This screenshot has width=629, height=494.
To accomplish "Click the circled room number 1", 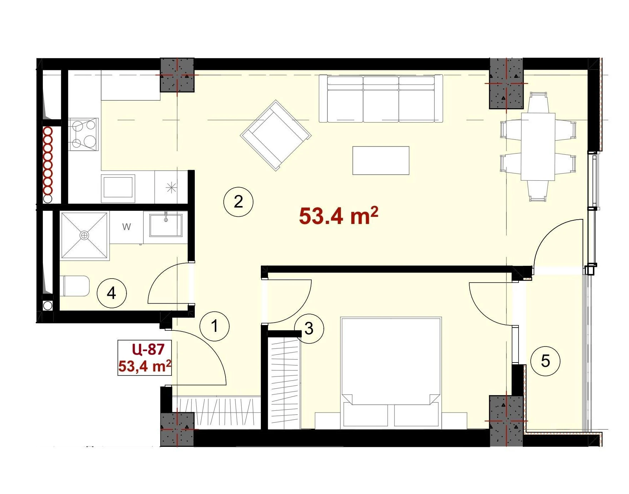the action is point(214,326).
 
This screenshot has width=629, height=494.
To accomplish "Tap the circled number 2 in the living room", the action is point(238,202).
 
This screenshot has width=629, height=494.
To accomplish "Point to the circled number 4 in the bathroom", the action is point(112,293).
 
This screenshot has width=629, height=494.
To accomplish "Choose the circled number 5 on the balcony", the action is point(545,361).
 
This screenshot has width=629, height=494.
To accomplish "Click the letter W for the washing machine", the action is point(127,226).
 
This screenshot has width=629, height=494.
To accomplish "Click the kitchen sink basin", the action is point(118,188).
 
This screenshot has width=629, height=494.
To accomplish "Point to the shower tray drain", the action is point(84,235).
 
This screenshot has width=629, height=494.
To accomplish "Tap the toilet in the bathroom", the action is point(76,286).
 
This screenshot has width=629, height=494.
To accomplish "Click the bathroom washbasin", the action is point(165,225).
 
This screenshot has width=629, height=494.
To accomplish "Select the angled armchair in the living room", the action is point(276,135).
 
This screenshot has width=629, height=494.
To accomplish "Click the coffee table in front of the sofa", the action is point(381,160).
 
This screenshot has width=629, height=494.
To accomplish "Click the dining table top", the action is point(538,146).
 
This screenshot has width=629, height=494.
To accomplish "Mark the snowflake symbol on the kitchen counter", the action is point(172,188).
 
